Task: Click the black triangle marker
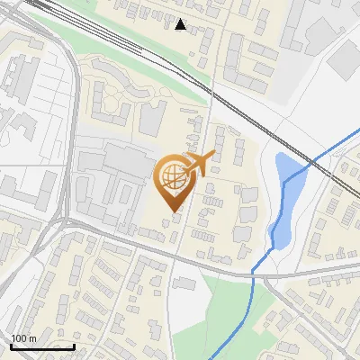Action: click(x=181, y=24)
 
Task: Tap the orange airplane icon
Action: click(x=197, y=165)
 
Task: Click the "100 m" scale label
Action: click(x=24, y=337)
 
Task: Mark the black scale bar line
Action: click(x=42, y=346)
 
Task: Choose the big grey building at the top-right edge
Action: click(x=346, y=59)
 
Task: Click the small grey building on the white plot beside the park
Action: click(x=184, y=283)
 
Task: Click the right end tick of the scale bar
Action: click(x=74, y=346)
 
